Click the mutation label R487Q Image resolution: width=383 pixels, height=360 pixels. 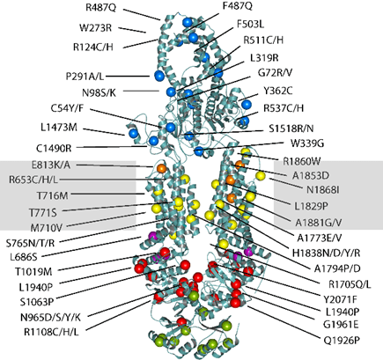click(100, 7)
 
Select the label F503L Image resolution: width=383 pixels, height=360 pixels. click(250, 24)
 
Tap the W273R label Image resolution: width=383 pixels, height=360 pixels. click(96, 28)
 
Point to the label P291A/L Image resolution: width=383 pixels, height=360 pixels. click(85, 77)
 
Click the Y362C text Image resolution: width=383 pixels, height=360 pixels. click(278, 91)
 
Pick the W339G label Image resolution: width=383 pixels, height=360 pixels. click(307, 143)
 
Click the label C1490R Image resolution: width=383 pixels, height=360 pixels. click(54, 149)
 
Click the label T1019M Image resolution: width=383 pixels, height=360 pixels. click(34, 272)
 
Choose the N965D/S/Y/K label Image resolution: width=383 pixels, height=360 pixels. click(50, 317)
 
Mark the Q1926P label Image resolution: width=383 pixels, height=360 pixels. click(342, 341)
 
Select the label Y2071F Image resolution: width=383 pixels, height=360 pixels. click(340, 299)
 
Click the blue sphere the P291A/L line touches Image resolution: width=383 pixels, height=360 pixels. click(159, 76)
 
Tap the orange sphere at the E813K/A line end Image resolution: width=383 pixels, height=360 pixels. click(161, 168)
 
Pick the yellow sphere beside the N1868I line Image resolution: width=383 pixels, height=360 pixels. click(261, 176)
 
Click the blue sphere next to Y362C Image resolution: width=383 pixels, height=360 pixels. click(247, 104)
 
